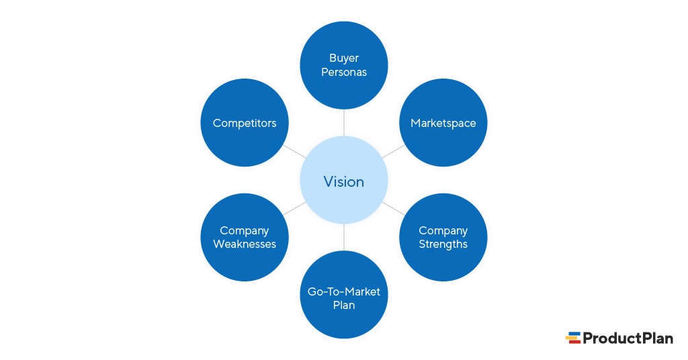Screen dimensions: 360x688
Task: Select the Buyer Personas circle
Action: [344, 65]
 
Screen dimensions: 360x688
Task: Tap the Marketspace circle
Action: [443, 123]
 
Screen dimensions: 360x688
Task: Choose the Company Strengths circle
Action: [443, 237]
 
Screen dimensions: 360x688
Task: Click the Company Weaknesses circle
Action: [245, 237]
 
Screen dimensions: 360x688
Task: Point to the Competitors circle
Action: [245, 123]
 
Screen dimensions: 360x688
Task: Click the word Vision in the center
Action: [344, 181]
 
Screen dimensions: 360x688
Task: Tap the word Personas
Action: [344, 73]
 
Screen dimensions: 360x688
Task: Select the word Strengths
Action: [443, 244]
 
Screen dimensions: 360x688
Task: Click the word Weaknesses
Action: [245, 244]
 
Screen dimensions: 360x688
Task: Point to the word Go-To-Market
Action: [344, 291]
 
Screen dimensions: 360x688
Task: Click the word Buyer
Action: [344, 58]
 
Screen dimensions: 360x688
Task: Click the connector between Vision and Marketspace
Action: [394, 152]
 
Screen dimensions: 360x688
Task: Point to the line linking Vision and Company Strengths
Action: [394, 209]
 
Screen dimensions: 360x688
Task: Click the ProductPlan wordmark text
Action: [628, 338]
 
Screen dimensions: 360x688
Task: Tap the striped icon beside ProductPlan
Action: [573, 338]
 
